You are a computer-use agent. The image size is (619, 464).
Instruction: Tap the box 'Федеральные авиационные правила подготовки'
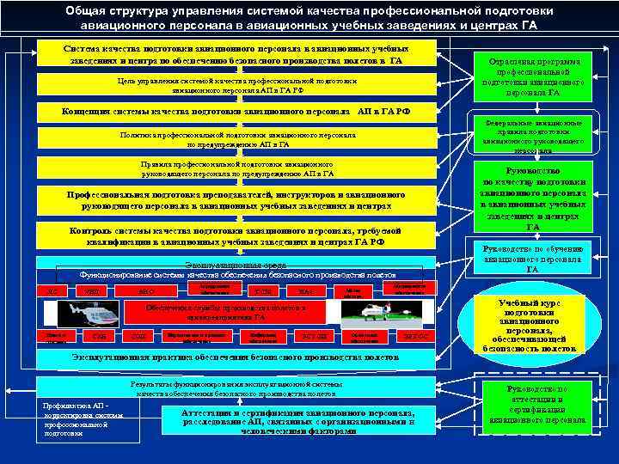532,136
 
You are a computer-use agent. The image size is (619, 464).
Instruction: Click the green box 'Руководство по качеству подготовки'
532,198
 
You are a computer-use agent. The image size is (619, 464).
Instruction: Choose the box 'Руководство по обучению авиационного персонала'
532,259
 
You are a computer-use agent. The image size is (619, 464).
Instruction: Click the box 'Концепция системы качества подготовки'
236,112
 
